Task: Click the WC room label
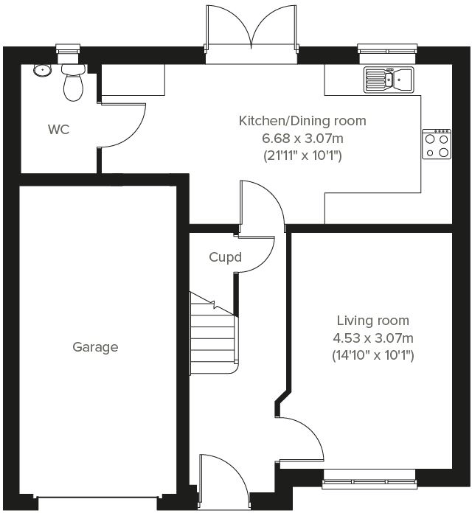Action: [58, 130]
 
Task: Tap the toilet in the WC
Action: [72, 83]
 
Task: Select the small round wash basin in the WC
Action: [41, 71]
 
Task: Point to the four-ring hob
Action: [436, 144]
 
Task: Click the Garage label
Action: [95, 347]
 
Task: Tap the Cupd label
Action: [226, 258]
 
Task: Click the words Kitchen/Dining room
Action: [302, 121]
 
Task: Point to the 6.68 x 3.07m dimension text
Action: [302, 139]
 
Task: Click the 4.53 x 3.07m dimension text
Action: [373, 338]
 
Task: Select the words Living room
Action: [373, 321]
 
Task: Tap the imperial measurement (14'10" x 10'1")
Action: [373, 355]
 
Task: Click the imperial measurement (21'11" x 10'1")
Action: [302, 156]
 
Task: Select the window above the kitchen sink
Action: [387, 50]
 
